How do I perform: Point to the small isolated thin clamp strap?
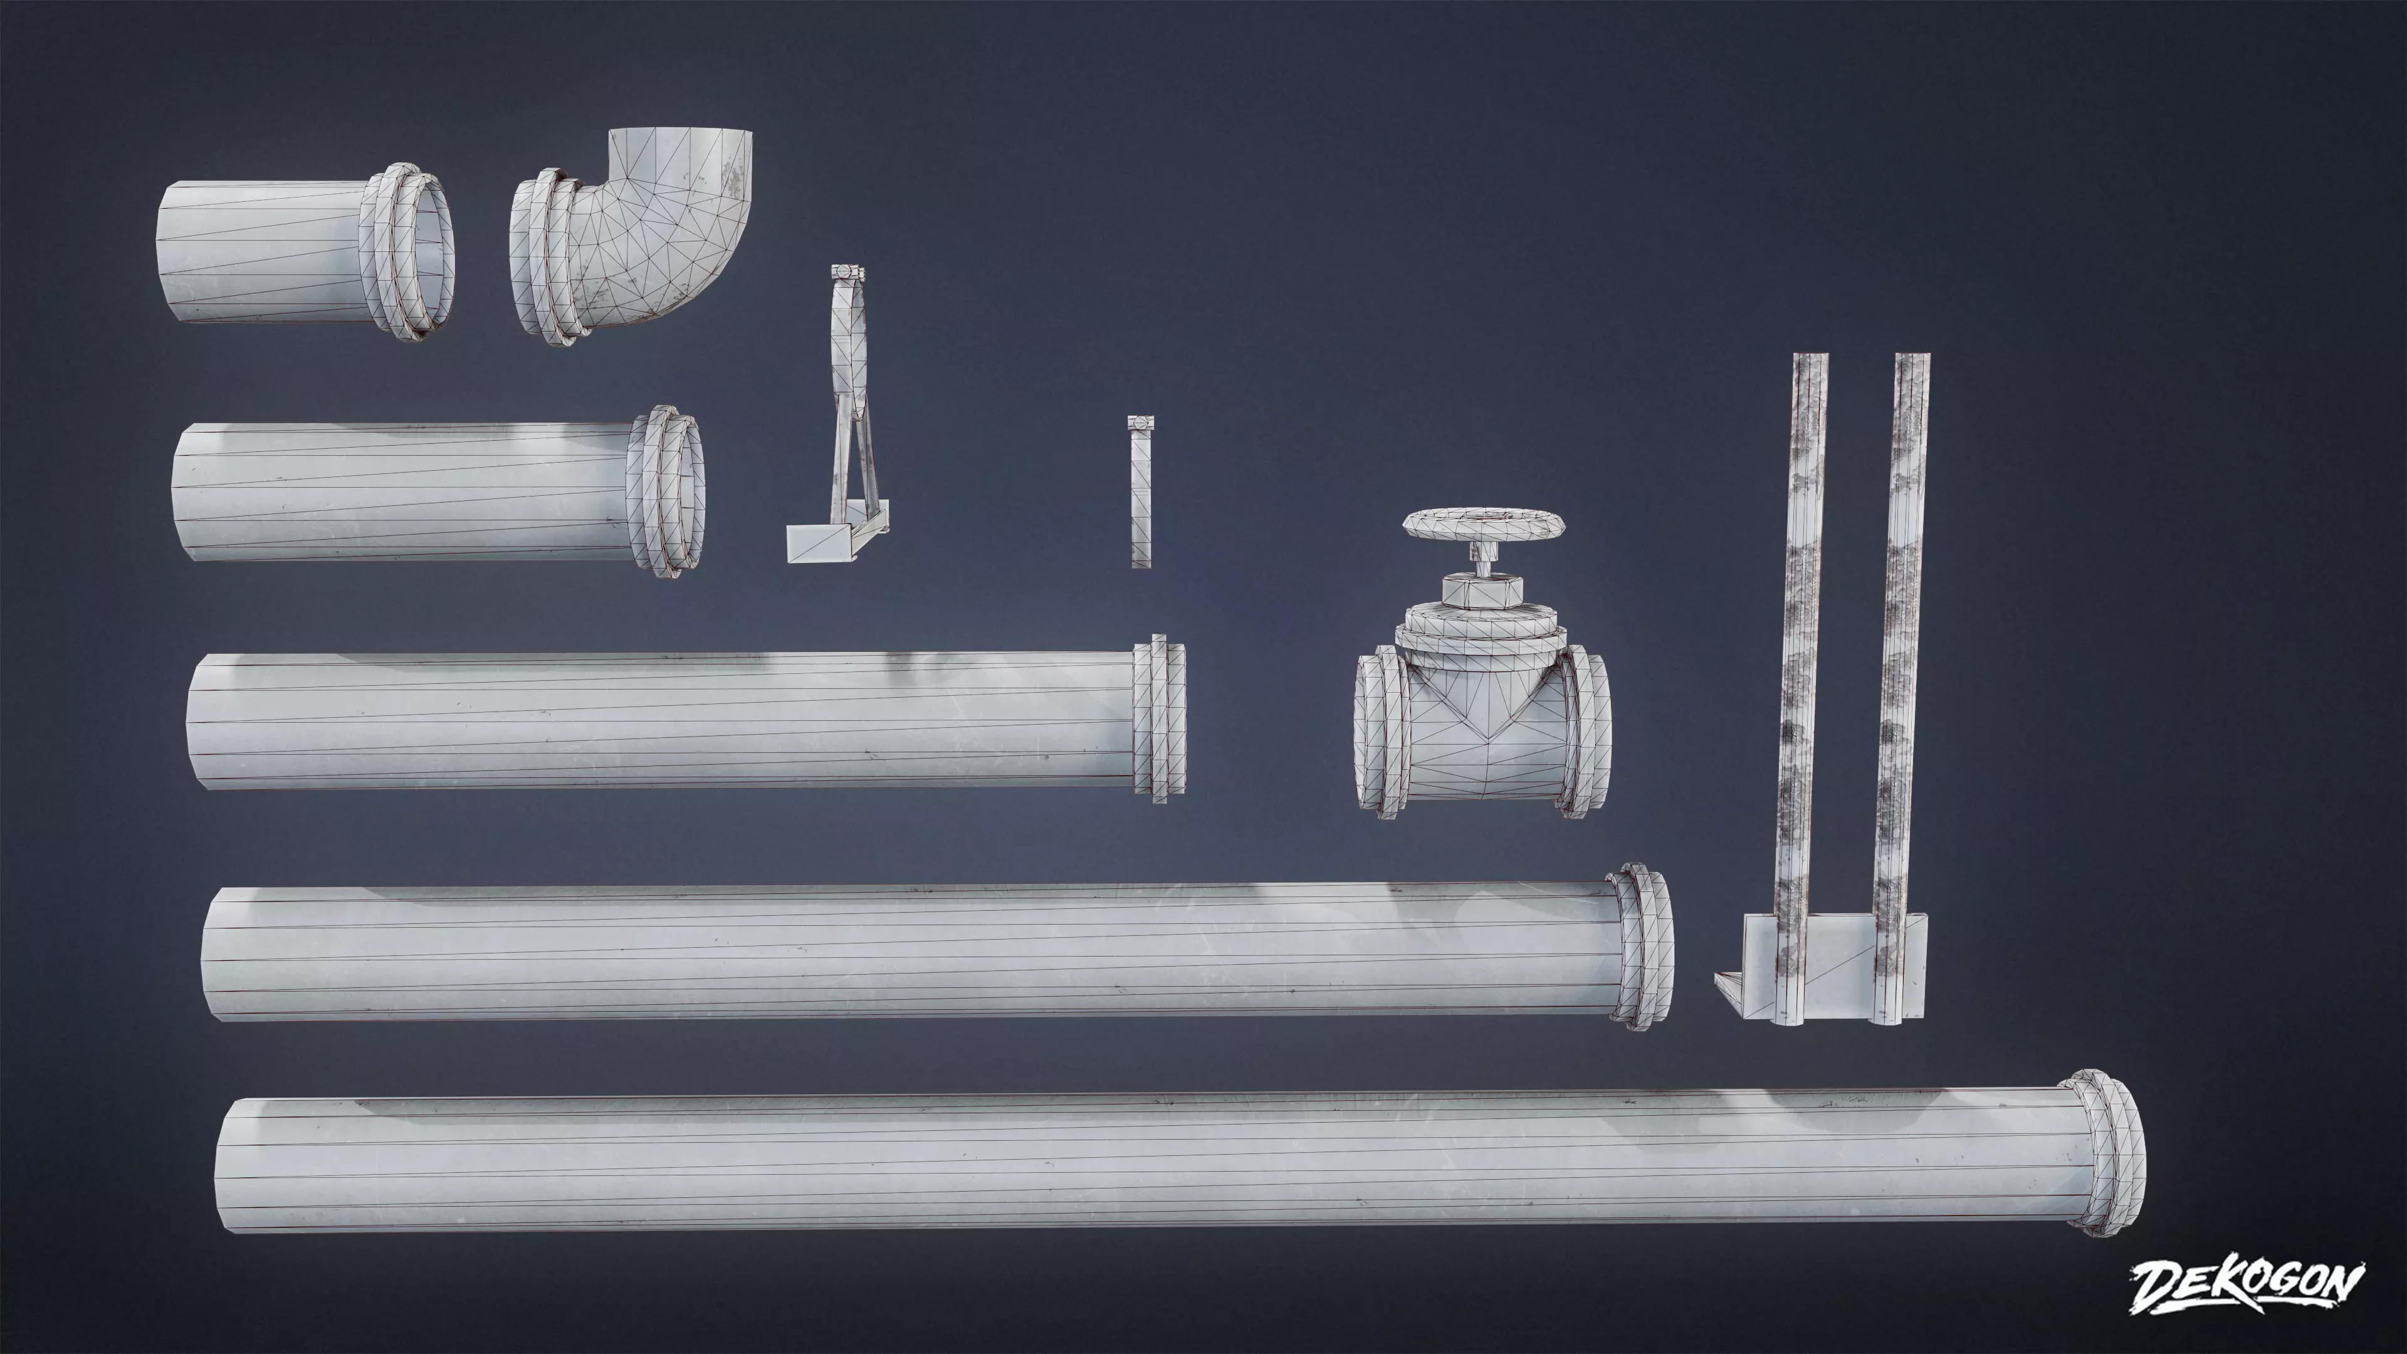(1140, 495)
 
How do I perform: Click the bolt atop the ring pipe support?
(847, 272)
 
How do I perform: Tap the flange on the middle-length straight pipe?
(1160, 718)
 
